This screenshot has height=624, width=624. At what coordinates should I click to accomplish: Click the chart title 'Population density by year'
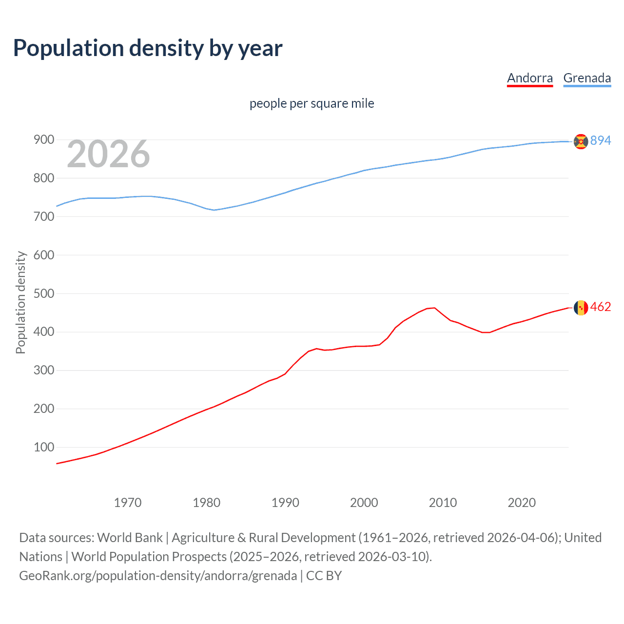pos(148,48)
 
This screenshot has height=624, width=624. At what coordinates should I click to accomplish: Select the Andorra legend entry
pos(530,78)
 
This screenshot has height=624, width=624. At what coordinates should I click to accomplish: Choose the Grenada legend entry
pos(587,78)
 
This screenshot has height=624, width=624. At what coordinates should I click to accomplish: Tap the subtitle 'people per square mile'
pos(312,103)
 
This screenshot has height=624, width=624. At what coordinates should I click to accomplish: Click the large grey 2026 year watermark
pos(108,154)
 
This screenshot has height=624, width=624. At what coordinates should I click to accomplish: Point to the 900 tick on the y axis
pos(43,140)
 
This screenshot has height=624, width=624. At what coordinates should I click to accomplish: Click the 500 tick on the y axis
pos(43,293)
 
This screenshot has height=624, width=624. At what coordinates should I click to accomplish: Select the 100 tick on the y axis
pos(43,447)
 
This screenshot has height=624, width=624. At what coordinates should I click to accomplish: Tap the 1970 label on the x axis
pos(128,503)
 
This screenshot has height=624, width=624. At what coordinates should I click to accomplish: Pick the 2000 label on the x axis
pos(364,503)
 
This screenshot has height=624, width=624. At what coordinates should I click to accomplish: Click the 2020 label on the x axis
pos(522,503)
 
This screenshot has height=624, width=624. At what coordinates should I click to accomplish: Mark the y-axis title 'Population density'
pos(20,302)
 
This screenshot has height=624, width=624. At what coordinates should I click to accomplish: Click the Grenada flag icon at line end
pos(581,141)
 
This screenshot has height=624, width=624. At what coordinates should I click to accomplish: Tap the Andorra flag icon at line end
pos(581,308)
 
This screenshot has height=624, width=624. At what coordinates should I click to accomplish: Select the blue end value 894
pos(601,141)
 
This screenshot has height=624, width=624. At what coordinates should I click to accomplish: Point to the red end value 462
pos(601,307)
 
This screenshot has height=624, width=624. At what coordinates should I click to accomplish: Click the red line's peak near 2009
pos(434,308)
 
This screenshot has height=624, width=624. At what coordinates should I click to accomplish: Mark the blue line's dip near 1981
pos(214,210)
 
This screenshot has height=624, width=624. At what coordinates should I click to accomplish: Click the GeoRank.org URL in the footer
pos(158,576)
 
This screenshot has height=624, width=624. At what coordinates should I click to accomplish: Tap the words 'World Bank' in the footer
pos(130,538)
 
